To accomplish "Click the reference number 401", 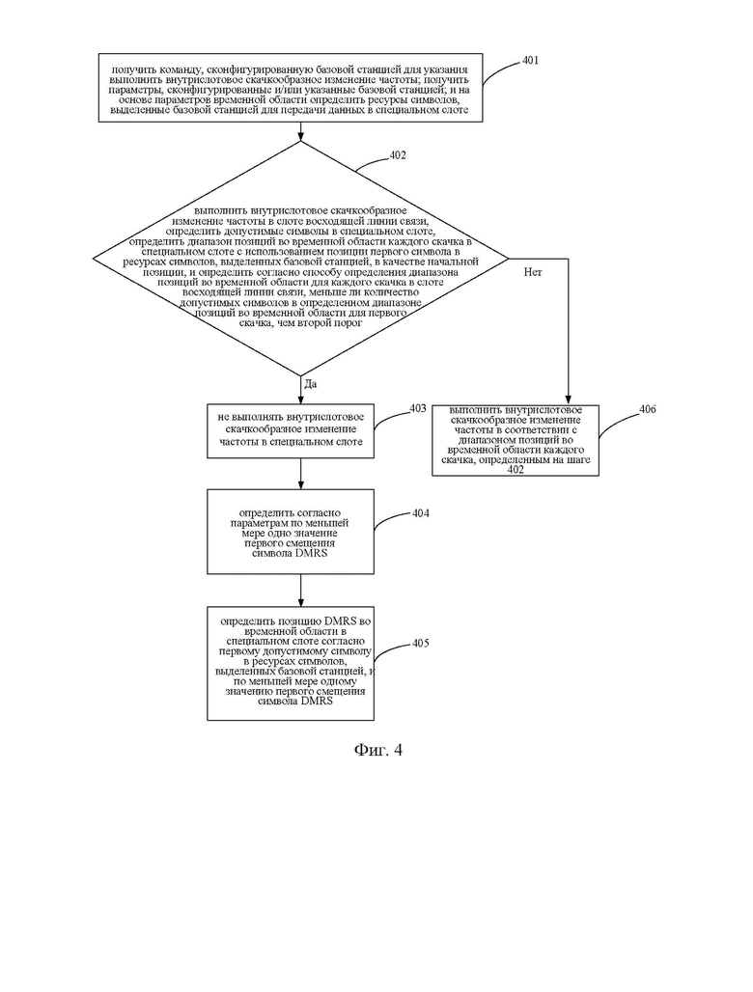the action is (530, 60).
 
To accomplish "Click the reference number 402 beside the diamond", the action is (398, 155).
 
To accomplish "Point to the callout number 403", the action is (418, 409).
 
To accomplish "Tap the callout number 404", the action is (421, 513).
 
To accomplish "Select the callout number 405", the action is (421, 643).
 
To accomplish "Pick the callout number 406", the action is (648, 409).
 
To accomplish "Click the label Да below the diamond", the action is (311, 384).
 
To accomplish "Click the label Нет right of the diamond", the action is (533, 272).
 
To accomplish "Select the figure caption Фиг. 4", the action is (377, 750).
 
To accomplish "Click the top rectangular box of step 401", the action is (291, 87).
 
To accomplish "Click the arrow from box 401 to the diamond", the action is (300, 131).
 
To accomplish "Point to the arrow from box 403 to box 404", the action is (300, 473).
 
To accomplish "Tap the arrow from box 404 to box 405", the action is (300, 591).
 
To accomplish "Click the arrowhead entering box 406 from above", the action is (568, 400).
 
